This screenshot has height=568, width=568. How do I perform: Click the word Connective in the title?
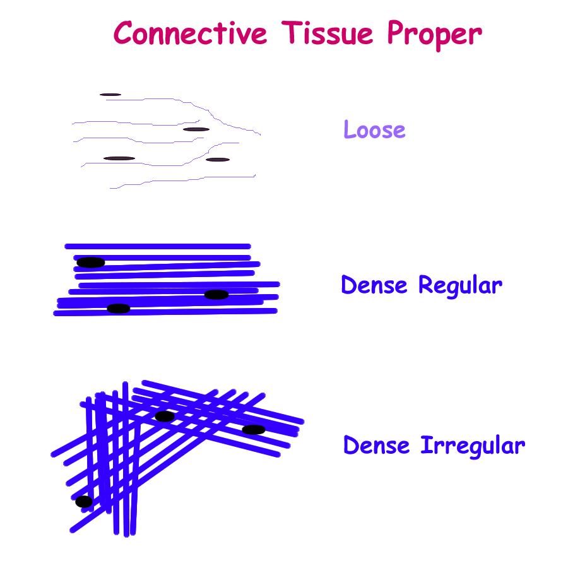191,33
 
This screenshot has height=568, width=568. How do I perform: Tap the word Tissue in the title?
327,33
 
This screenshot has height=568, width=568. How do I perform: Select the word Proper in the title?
435,35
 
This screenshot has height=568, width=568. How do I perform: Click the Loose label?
374,129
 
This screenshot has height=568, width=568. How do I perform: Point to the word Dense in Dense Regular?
374,285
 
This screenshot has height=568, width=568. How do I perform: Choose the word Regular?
461,286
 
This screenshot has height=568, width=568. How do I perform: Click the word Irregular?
473,447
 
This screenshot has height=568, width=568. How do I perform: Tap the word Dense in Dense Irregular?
376,445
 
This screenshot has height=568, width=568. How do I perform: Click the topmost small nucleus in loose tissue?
110,95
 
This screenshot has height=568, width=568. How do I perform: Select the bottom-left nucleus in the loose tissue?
119,158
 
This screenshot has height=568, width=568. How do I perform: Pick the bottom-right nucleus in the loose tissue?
218,160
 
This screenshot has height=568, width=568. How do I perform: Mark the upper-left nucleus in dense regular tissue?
90,263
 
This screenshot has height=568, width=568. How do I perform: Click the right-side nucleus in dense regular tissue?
216,295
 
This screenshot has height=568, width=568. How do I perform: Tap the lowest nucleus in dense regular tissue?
119,308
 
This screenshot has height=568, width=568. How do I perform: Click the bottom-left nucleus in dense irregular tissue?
84,502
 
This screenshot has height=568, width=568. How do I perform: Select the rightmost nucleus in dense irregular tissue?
254,430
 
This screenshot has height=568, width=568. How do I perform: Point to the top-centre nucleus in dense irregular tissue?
165,417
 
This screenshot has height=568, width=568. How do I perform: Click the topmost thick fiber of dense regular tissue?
158,246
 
